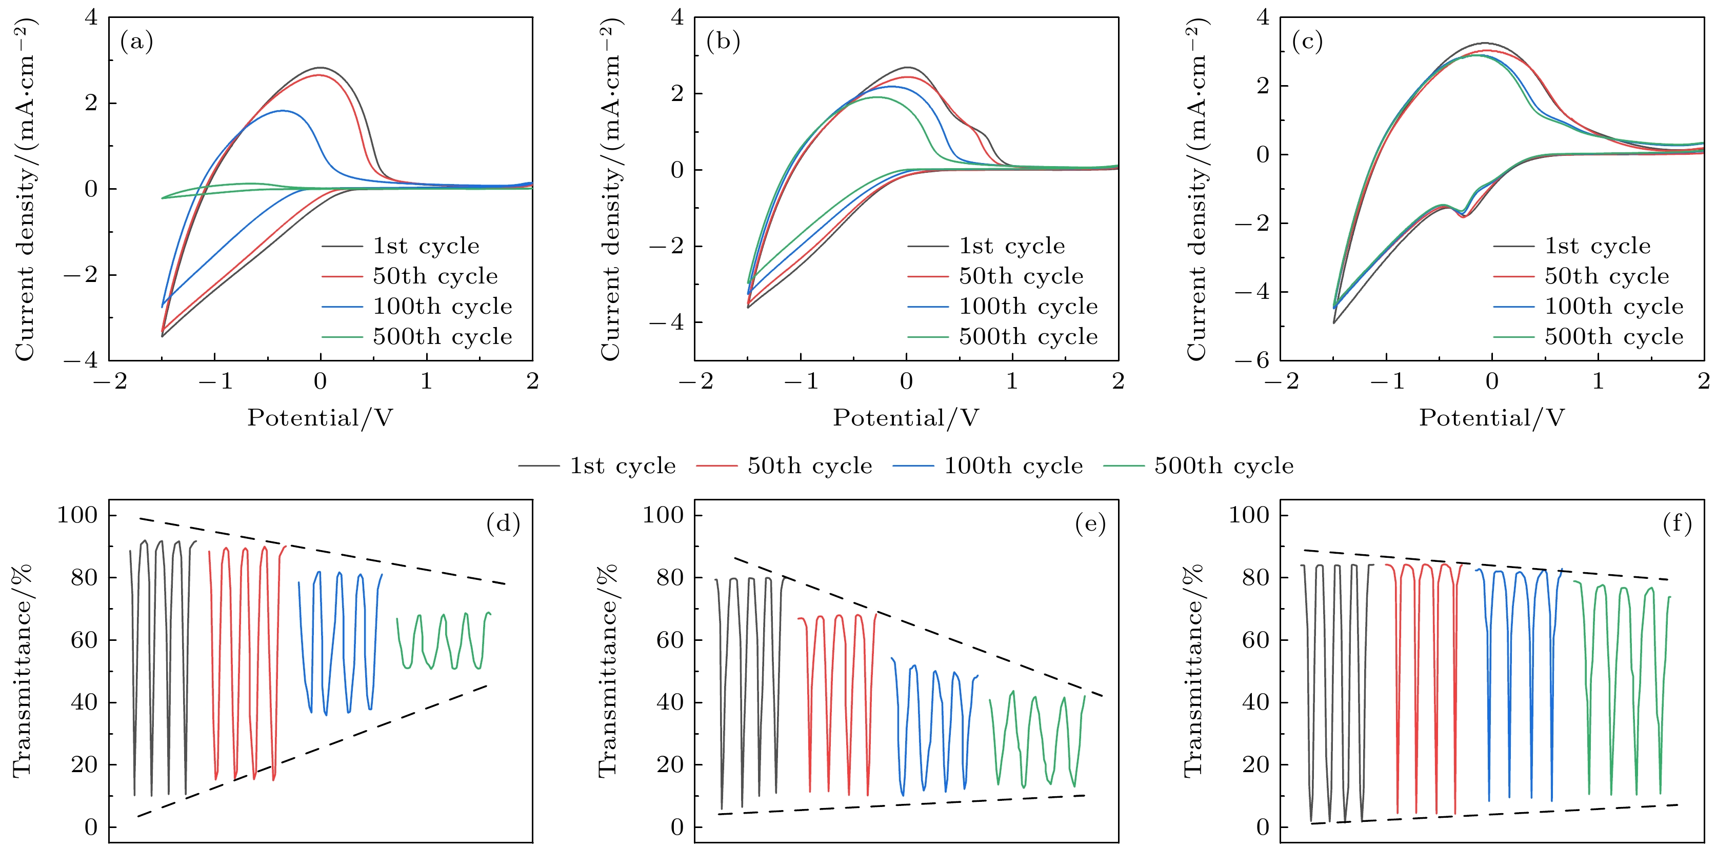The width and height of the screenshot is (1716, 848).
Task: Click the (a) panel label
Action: click(x=136, y=42)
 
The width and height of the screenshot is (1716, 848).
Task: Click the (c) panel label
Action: click(x=1307, y=42)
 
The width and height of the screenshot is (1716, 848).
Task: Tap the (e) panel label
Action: click(x=1090, y=524)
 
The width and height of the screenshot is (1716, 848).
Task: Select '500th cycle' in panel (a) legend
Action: click(x=442, y=337)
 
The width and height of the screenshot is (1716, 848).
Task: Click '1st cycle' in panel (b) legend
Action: click(x=1011, y=246)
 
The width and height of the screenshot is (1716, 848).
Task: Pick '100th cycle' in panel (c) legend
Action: click(x=1613, y=307)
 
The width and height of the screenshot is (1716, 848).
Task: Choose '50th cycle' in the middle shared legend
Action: click(x=809, y=466)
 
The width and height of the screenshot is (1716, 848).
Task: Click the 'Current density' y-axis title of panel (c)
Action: click(x=1197, y=190)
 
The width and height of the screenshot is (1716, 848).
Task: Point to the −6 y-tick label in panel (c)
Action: click(x=1252, y=360)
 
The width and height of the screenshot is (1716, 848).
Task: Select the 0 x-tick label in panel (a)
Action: click(x=321, y=381)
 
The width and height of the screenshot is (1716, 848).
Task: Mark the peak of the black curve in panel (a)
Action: click(x=321, y=67)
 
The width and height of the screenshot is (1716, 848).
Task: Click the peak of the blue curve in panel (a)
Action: click(x=283, y=111)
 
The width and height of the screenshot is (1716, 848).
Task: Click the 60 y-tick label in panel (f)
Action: click(x=1256, y=640)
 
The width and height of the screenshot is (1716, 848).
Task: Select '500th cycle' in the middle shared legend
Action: click(x=1224, y=466)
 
